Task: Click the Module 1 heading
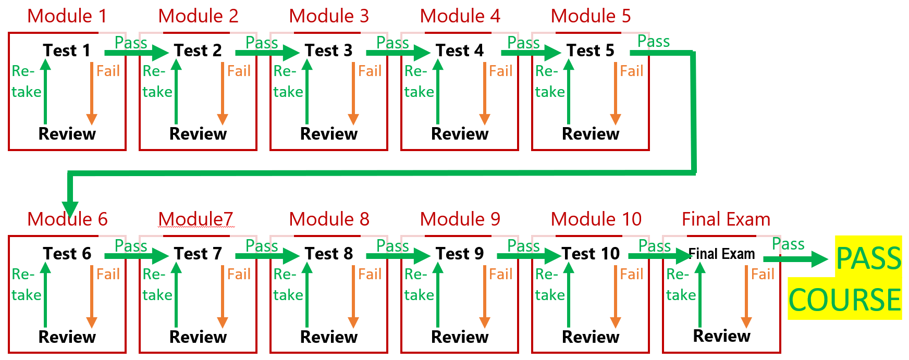(x=67, y=16)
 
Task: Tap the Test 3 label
(x=328, y=51)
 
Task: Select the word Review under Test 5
(x=591, y=134)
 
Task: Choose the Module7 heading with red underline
(x=195, y=219)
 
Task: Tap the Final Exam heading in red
(x=726, y=219)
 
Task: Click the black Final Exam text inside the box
(x=721, y=254)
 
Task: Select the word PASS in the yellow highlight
(x=868, y=258)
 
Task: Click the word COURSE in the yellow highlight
(x=844, y=300)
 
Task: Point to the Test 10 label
(x=591, y=254)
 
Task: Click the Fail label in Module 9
(x=500, y=274)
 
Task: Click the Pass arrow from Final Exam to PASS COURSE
(x=795, y=259)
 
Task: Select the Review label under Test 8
(x=329, y=337)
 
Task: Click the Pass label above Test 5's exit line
(x=653, y=41)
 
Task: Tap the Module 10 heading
(x=596, y=219)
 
